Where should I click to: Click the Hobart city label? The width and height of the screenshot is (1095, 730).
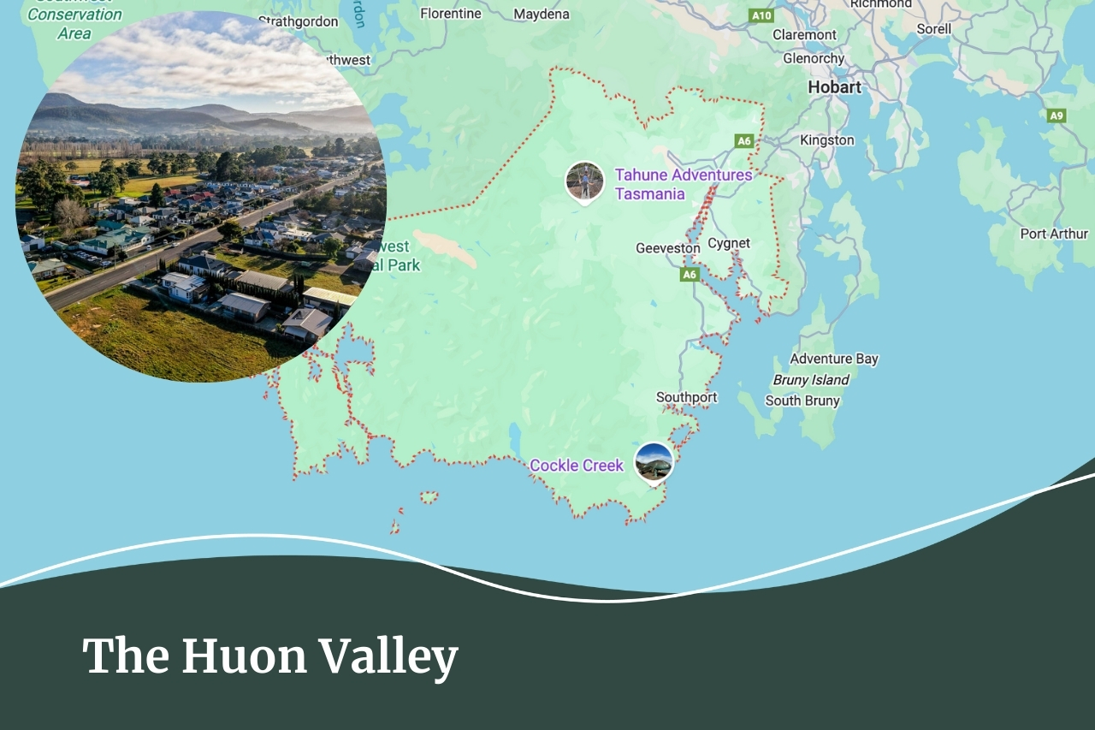[x=834, y=87]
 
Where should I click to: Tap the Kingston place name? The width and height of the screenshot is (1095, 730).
[x=826, y=140]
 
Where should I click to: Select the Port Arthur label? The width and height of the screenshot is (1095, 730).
[x=1053, y=234]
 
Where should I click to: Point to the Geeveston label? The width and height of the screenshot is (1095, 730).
[x=667, y=248]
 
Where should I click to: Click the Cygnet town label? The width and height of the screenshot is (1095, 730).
[x=729, y=243]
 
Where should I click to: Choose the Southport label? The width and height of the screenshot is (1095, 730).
[x=686, y=397]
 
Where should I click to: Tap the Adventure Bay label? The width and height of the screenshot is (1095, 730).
[x=833, y=359]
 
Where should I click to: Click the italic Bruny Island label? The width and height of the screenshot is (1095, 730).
[x=811, y=380]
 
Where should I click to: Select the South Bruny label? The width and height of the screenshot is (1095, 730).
[x=802, y=401]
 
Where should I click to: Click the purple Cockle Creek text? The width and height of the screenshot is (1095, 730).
[x=577, y=466]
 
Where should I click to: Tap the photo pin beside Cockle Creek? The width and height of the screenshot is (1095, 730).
[x=654, y=462]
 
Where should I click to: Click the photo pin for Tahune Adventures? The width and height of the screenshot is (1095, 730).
[x=585, y=181]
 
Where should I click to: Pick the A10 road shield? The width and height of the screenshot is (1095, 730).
[x=761, y=15]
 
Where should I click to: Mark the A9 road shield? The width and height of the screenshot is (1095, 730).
[x=1057, y=116]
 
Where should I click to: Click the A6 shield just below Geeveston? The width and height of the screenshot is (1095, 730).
[x=690, y=275]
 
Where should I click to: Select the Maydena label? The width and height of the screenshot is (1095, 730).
[x=542, y=14]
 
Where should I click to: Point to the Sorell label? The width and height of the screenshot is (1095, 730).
[x=933, y=28]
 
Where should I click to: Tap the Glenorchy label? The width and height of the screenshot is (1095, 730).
[x=814, y=58]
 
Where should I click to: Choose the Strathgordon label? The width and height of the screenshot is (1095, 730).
[x=298, y=21]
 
